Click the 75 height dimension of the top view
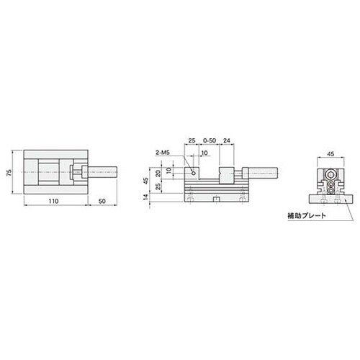9,172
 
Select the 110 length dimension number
53,201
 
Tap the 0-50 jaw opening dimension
210,140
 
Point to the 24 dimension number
226,140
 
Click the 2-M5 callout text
163,153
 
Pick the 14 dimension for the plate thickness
145,197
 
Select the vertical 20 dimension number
158,174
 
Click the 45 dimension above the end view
330,154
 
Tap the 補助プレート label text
307,215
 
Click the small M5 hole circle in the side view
193,173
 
